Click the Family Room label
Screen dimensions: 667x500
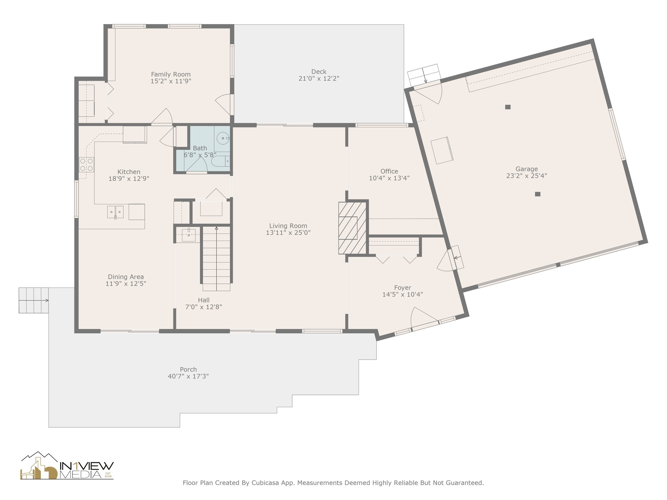(x=171, y=74)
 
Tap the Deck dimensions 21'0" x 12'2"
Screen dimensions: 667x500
(x=319, y=78)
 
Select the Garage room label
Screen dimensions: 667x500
(x=527, y=169)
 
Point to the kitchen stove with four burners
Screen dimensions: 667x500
(x=87, y=165)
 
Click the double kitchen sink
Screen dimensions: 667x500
(x=115, y=212)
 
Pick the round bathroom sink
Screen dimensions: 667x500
(x=223, y=138)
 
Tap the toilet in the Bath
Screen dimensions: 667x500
(x=221, y=161)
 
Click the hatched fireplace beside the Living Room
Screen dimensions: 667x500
(x=352, y=228)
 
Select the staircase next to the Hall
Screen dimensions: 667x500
(x=217, y=258)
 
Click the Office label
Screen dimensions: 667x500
(x=389, y=171)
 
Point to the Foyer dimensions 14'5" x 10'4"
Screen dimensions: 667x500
(x=403, y=295)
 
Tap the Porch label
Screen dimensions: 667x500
(x=188, y=369)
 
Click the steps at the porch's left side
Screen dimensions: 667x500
(x=34, y=300)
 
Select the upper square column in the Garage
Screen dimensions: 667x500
(x=508, y=107)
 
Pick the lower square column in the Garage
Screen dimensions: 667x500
(x=538, y=194)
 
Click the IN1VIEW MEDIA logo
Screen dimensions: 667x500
(x=67, y=465)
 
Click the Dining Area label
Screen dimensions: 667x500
(x=126, y=277)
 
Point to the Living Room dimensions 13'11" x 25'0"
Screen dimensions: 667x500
(x=288, y=233)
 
